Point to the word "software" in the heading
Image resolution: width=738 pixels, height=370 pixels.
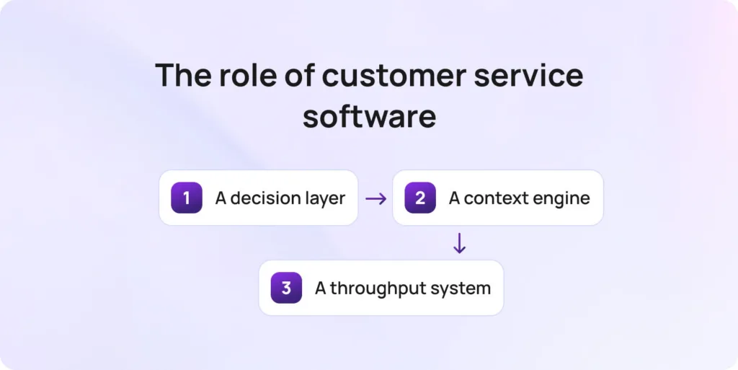pyautogui.click(x=369, y=116)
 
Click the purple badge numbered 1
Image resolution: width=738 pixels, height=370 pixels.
pyautogui.click(x=187, y=198)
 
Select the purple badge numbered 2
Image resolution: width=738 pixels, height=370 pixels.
pyautogui.click(x=420, y=198)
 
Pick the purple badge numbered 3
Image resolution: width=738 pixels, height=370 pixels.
pyautogui.click(x=286, y=288)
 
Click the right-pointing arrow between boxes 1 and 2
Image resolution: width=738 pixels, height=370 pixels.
pyautogui.click(x=375, y=198)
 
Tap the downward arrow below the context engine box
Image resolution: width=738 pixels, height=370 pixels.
pyautogui.click(x=459, y=244)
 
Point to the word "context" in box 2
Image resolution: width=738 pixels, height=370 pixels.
pyautogui.click(x=492, y=198)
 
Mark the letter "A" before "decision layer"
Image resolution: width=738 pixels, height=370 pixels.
pyautogui.click(x=221, y=198)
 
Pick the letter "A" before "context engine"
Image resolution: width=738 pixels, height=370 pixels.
pyautogui.click(x=455, y=198)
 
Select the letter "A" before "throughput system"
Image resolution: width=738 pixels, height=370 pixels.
pyautogui.click(x=321, y=288)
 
